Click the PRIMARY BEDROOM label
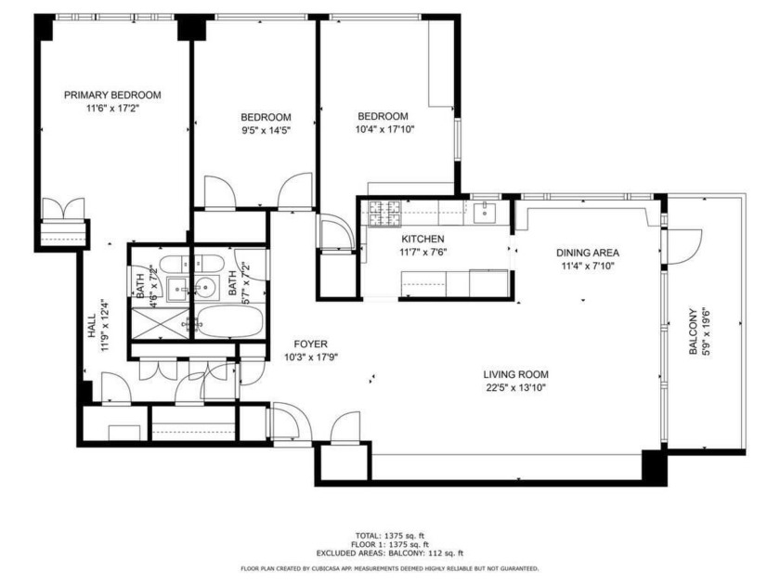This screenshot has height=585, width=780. [x=112, y=95]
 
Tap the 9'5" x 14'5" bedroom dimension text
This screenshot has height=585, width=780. [x=266, y=131]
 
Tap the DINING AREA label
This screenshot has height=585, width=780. [x=587, y=253]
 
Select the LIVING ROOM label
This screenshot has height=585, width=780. [x=513, y=375]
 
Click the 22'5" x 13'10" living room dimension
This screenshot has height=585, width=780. [x=513, y=388]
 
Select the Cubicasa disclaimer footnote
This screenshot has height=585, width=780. [x=389, y=568]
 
